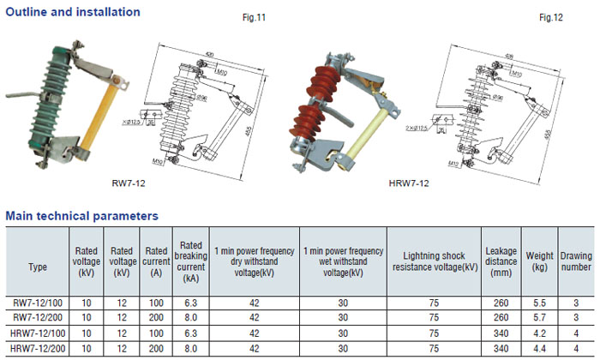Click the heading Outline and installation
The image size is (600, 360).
(72, 12)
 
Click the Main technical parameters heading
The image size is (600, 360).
(81, 215)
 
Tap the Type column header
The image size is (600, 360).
(38, 267)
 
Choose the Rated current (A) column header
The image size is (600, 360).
(155, 261)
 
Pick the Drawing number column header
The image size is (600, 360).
(576, 261)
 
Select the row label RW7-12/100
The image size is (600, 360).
(38, 303)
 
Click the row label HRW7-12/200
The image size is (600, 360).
(38, 349)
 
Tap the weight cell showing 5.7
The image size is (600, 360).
(540, 318)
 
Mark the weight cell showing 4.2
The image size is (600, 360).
(540, 333)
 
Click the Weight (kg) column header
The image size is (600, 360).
(540, 261)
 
